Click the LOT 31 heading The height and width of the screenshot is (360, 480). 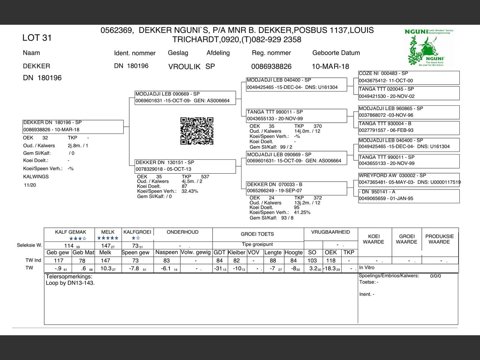37,37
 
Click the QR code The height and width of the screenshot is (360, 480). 197,131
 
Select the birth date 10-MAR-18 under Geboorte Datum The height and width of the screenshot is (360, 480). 330,66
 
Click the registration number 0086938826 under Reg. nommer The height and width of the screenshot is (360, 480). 271,66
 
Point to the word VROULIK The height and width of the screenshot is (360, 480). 184,67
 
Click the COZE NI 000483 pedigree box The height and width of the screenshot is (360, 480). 409,77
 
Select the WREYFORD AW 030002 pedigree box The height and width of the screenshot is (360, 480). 409,179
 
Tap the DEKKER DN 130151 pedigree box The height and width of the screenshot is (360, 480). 185,166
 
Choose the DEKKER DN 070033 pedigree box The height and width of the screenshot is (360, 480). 296,187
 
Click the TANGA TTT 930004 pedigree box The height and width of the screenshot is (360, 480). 409,127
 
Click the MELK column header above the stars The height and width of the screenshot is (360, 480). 108,232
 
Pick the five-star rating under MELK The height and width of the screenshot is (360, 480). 108,238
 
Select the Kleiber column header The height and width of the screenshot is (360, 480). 236,252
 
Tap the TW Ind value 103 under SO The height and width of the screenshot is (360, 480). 312,260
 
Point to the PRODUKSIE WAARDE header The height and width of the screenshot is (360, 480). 439,239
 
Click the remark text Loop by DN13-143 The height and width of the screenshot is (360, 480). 70,283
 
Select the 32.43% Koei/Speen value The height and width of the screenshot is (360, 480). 190,191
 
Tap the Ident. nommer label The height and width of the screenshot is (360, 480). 135,53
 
